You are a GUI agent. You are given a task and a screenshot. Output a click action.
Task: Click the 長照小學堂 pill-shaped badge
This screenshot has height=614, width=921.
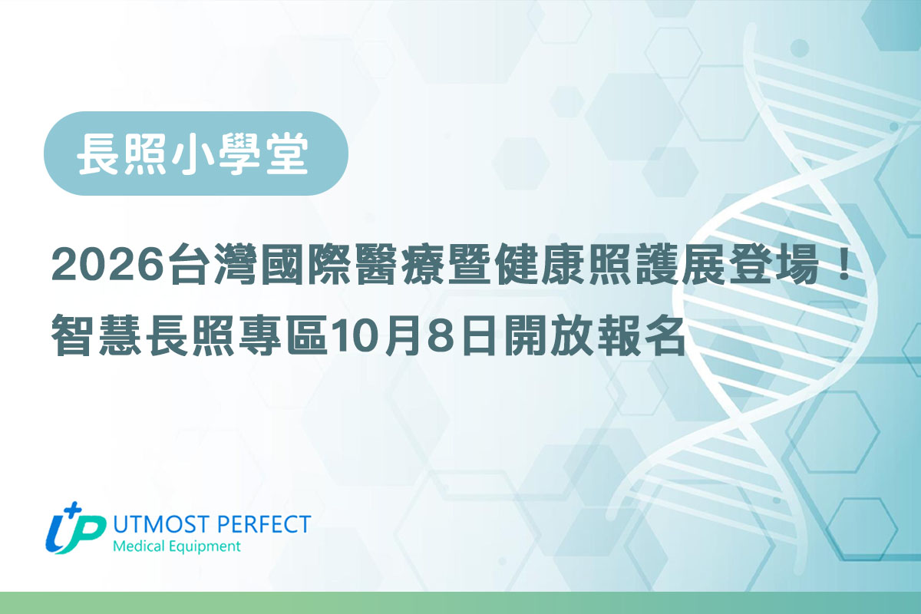196,153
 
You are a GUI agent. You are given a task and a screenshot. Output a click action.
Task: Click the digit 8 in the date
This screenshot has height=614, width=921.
436,338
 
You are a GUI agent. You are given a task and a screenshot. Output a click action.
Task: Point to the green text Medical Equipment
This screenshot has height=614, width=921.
176,547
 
